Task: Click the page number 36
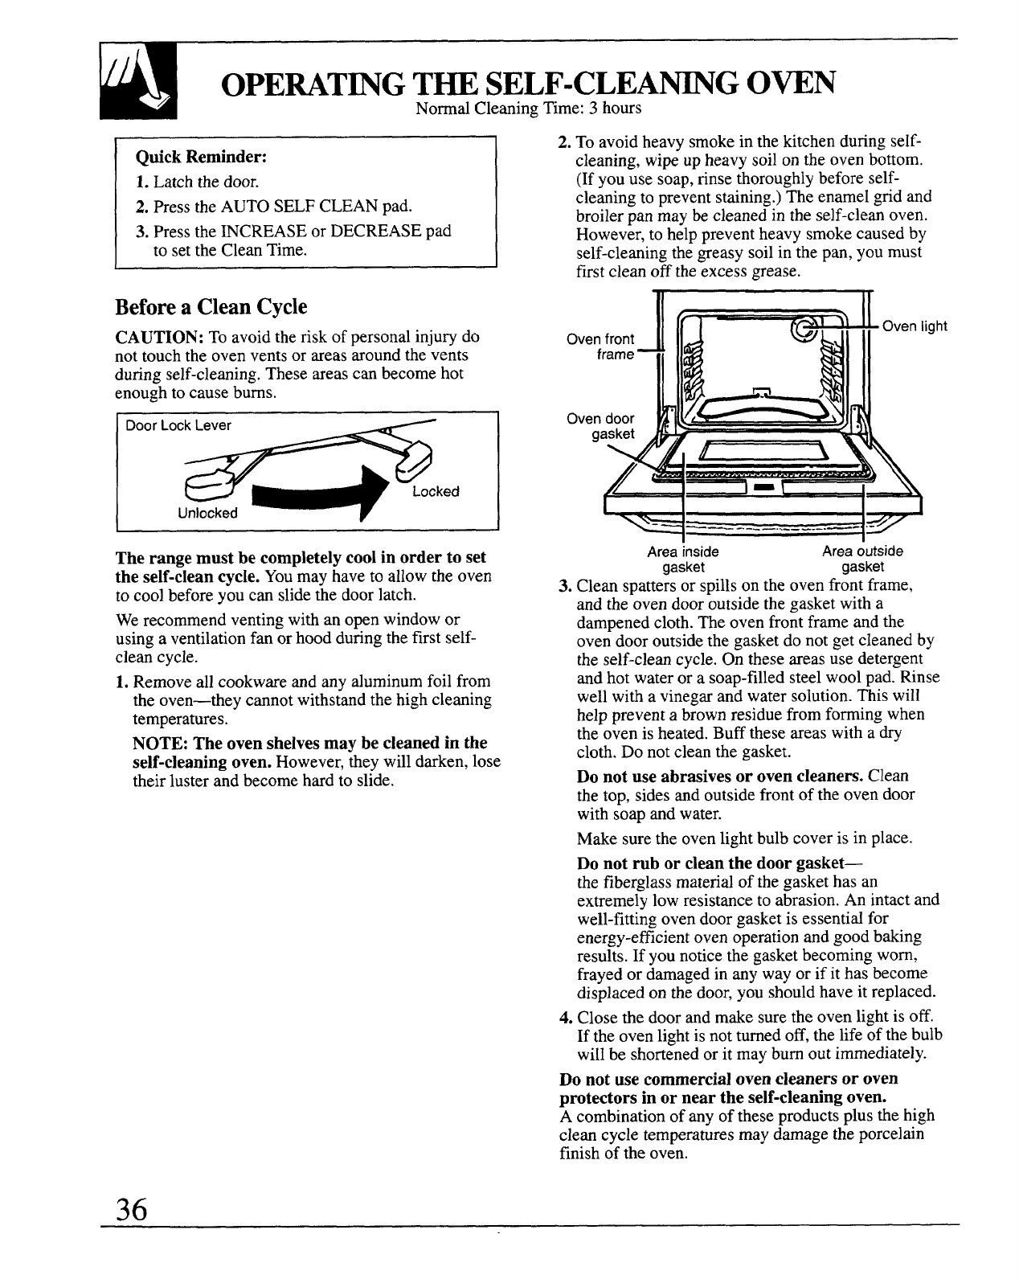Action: (132, 1208)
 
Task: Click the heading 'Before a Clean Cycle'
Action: (211, 307)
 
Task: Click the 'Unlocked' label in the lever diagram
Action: (207, 513)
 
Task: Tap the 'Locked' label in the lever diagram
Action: (435, 491)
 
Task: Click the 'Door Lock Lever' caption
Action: (178, 425)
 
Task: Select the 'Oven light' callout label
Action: (915, 326)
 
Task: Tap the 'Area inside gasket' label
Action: (683, 559)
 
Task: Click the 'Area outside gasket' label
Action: (862, 559)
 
